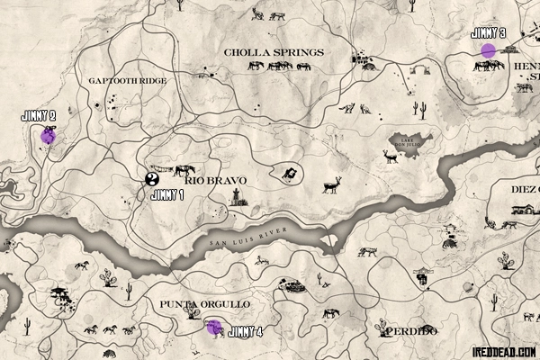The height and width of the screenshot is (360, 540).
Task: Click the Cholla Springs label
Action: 274,52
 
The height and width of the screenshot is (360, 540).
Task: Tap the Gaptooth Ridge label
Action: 127,81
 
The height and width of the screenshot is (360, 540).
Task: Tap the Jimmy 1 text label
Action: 166,194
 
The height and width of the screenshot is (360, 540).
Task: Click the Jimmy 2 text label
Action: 39,115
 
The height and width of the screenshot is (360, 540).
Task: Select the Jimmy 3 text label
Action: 488,33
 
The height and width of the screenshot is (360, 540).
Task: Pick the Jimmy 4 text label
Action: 247,332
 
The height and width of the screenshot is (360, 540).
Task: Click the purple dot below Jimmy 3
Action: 488,50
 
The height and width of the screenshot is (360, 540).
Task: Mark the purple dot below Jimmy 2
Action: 47,137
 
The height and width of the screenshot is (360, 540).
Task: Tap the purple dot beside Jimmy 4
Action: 214,327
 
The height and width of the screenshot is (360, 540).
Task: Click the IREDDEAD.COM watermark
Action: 503,350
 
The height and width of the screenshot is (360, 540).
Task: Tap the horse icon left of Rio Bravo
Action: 184,170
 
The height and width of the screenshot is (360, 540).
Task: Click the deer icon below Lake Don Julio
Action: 390,157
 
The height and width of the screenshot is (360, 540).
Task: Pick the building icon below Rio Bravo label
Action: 238,201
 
